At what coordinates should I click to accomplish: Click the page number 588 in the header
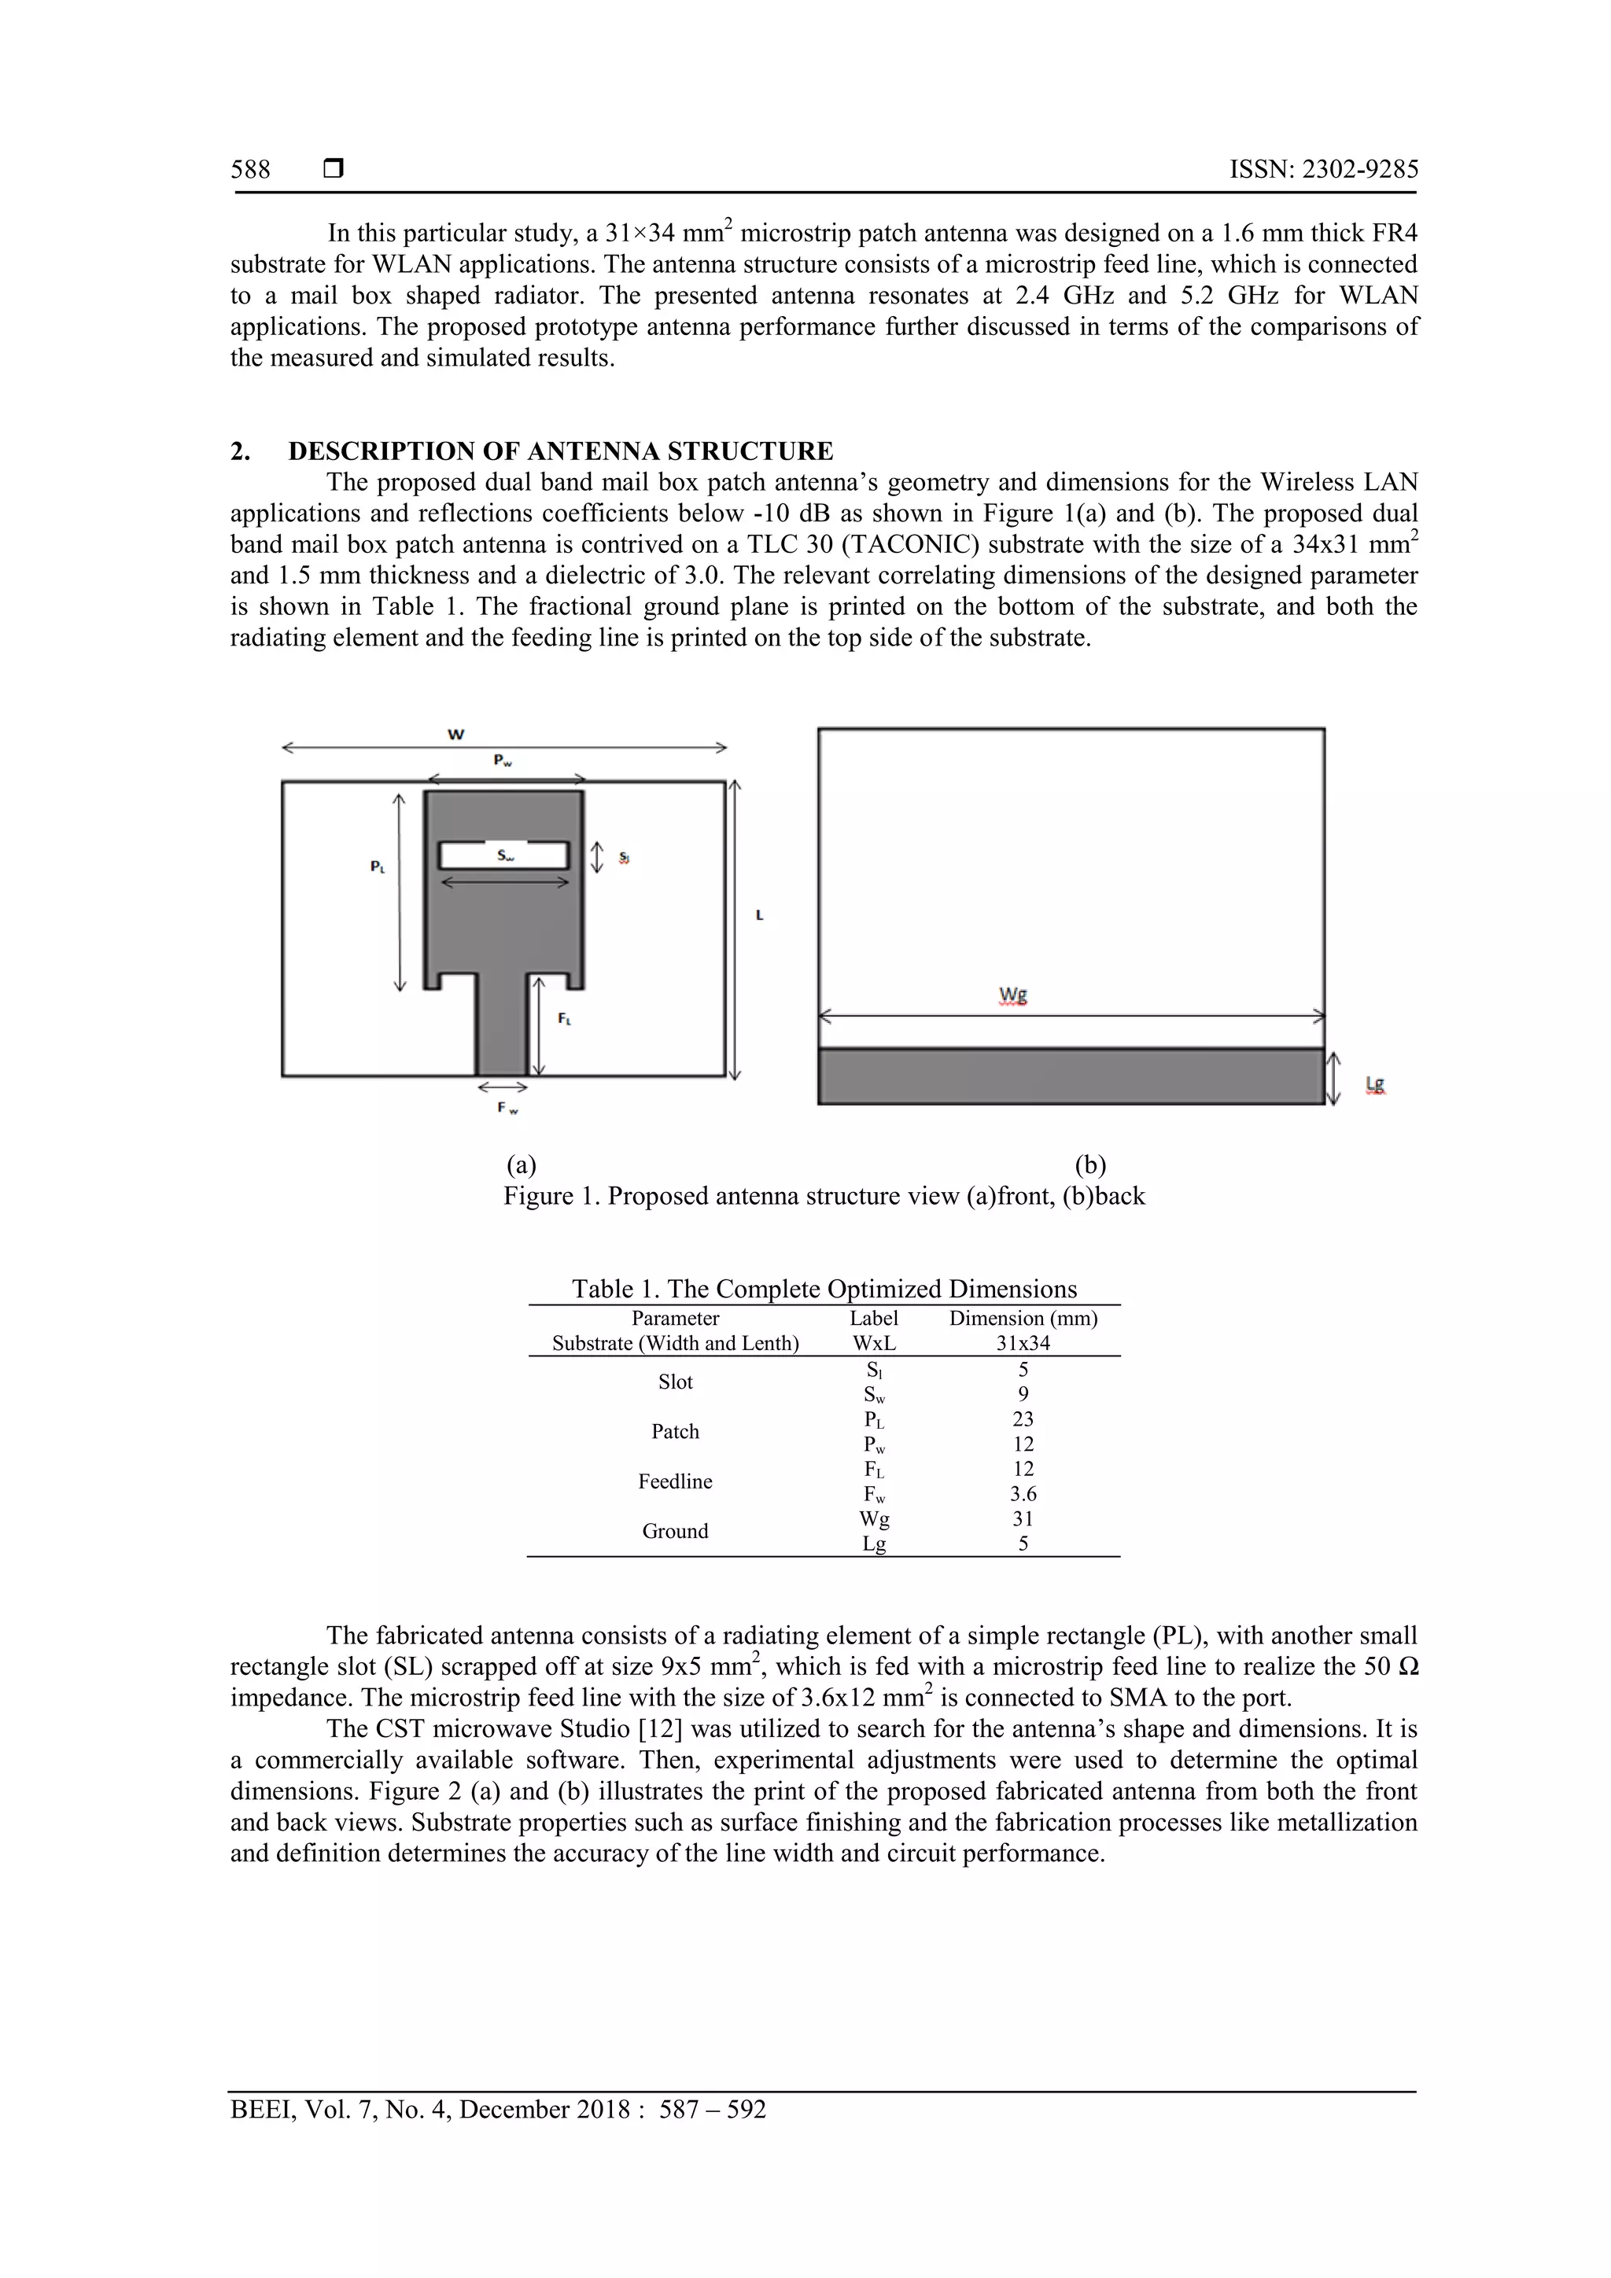coord(250,170)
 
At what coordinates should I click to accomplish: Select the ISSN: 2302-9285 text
coord(1323,170)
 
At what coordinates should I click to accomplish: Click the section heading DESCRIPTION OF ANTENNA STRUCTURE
coord(560,451)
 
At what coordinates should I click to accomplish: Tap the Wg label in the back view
coord(1012,995)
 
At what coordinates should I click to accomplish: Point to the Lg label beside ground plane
coord(1375,1084)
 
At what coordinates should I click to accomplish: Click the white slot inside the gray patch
coord(504,856)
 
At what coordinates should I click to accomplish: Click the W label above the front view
coord(455,734)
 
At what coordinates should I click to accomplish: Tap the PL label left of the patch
coord(378,867)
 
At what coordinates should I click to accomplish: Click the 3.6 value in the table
coord(1023,1494)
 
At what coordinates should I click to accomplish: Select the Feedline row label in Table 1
coord(675,1481)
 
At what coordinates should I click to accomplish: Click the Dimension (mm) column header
coord(1023,1319)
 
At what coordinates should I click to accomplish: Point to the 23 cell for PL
coord(1023,1420)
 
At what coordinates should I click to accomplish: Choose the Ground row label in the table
coord(675,1531)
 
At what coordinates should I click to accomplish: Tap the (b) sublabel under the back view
coord(1090,1164)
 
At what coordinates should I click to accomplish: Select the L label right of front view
coord(759,916)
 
